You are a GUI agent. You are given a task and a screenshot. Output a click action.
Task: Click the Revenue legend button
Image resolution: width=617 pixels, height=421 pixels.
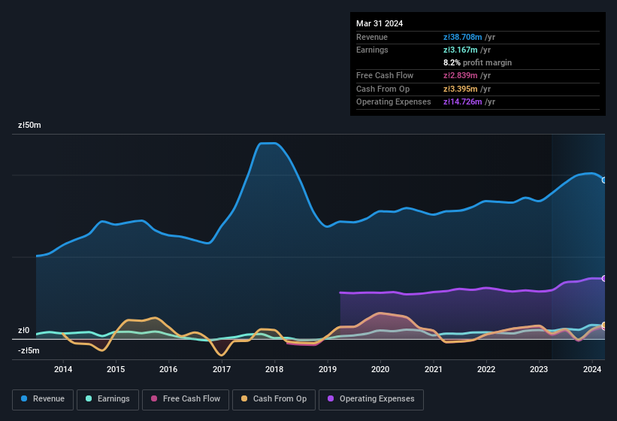click(x=43, y=399)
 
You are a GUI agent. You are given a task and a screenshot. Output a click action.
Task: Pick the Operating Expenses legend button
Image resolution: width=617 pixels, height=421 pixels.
click(x=371, y=399)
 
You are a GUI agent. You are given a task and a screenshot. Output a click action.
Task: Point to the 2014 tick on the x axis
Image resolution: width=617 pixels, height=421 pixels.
click(x=63, y=369)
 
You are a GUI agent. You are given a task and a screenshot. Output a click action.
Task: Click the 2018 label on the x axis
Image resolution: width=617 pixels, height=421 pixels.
click(x=274, y=369)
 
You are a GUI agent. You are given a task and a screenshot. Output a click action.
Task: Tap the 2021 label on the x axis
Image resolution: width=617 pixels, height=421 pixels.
click(x=433, y=369)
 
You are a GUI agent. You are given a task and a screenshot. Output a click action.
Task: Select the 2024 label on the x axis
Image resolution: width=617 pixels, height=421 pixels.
click(x=592, y=369)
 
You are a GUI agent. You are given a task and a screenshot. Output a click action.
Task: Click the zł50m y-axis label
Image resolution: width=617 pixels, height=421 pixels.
click(x=30, y=126)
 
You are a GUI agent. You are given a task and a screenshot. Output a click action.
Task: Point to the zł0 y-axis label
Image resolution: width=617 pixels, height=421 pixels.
click(x=24, y=331)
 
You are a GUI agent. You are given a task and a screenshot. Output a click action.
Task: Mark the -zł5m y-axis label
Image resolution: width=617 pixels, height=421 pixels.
click(x=29, y=350)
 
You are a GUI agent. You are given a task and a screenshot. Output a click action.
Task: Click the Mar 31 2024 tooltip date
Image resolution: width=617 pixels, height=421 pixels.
click(x=380, y=23)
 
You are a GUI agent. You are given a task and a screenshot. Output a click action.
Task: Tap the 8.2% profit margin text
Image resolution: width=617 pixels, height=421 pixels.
click(x=478, y=62)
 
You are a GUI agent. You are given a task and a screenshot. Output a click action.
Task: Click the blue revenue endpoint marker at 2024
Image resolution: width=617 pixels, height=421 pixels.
click(x=604, y=180)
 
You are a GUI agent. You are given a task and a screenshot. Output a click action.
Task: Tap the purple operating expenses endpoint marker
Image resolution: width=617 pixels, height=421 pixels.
click(x=604, y=278)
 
